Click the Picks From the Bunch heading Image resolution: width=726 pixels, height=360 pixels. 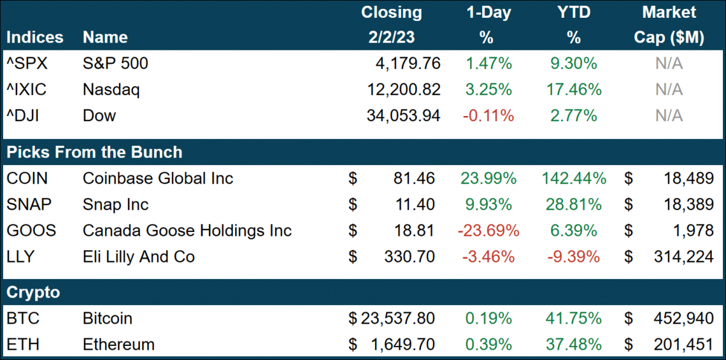point(94,152)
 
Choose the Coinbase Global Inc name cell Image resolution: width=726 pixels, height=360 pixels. point(158,178)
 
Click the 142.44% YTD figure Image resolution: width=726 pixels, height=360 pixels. point(574,178)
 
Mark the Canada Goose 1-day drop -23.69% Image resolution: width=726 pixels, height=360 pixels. point(488,231)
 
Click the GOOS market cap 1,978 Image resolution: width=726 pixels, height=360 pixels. point(693,231)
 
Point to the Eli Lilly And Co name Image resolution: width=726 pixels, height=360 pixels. point(139,257)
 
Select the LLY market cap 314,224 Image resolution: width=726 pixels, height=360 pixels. point(683,257)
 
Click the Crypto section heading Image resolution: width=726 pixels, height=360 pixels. point(33,292)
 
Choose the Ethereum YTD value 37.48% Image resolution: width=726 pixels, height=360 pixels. point(574,344)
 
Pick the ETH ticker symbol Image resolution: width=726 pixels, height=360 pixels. point(23,344)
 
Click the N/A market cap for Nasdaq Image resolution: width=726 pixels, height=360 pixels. point(669,89)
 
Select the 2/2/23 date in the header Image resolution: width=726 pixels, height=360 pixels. point(391,38)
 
